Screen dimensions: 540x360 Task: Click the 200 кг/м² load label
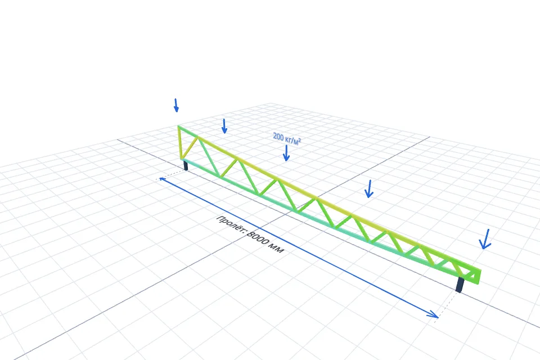[x=287, y=138]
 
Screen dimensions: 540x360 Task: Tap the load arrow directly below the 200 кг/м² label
[x=286, y=153]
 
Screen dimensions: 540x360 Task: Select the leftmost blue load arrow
[x=176, y=105]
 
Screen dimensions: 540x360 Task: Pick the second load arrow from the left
[x=224, y=126]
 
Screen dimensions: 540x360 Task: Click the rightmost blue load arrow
[x=485, y=238]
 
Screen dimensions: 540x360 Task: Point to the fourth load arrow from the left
[x=369, y=189]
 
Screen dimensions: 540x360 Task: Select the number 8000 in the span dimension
[x=258, y=238]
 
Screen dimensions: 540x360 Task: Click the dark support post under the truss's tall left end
[x=186, y=165]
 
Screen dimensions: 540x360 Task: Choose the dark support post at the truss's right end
[x=460, y=285]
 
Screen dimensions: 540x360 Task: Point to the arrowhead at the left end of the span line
[x=162, y=179]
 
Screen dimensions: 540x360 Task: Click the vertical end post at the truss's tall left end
[x=180, y=143]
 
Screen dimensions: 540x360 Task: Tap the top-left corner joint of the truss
[x=178, y=127]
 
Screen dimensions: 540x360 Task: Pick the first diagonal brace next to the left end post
[x=189, y=148]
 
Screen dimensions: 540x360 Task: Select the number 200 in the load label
[x=278, y=137]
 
